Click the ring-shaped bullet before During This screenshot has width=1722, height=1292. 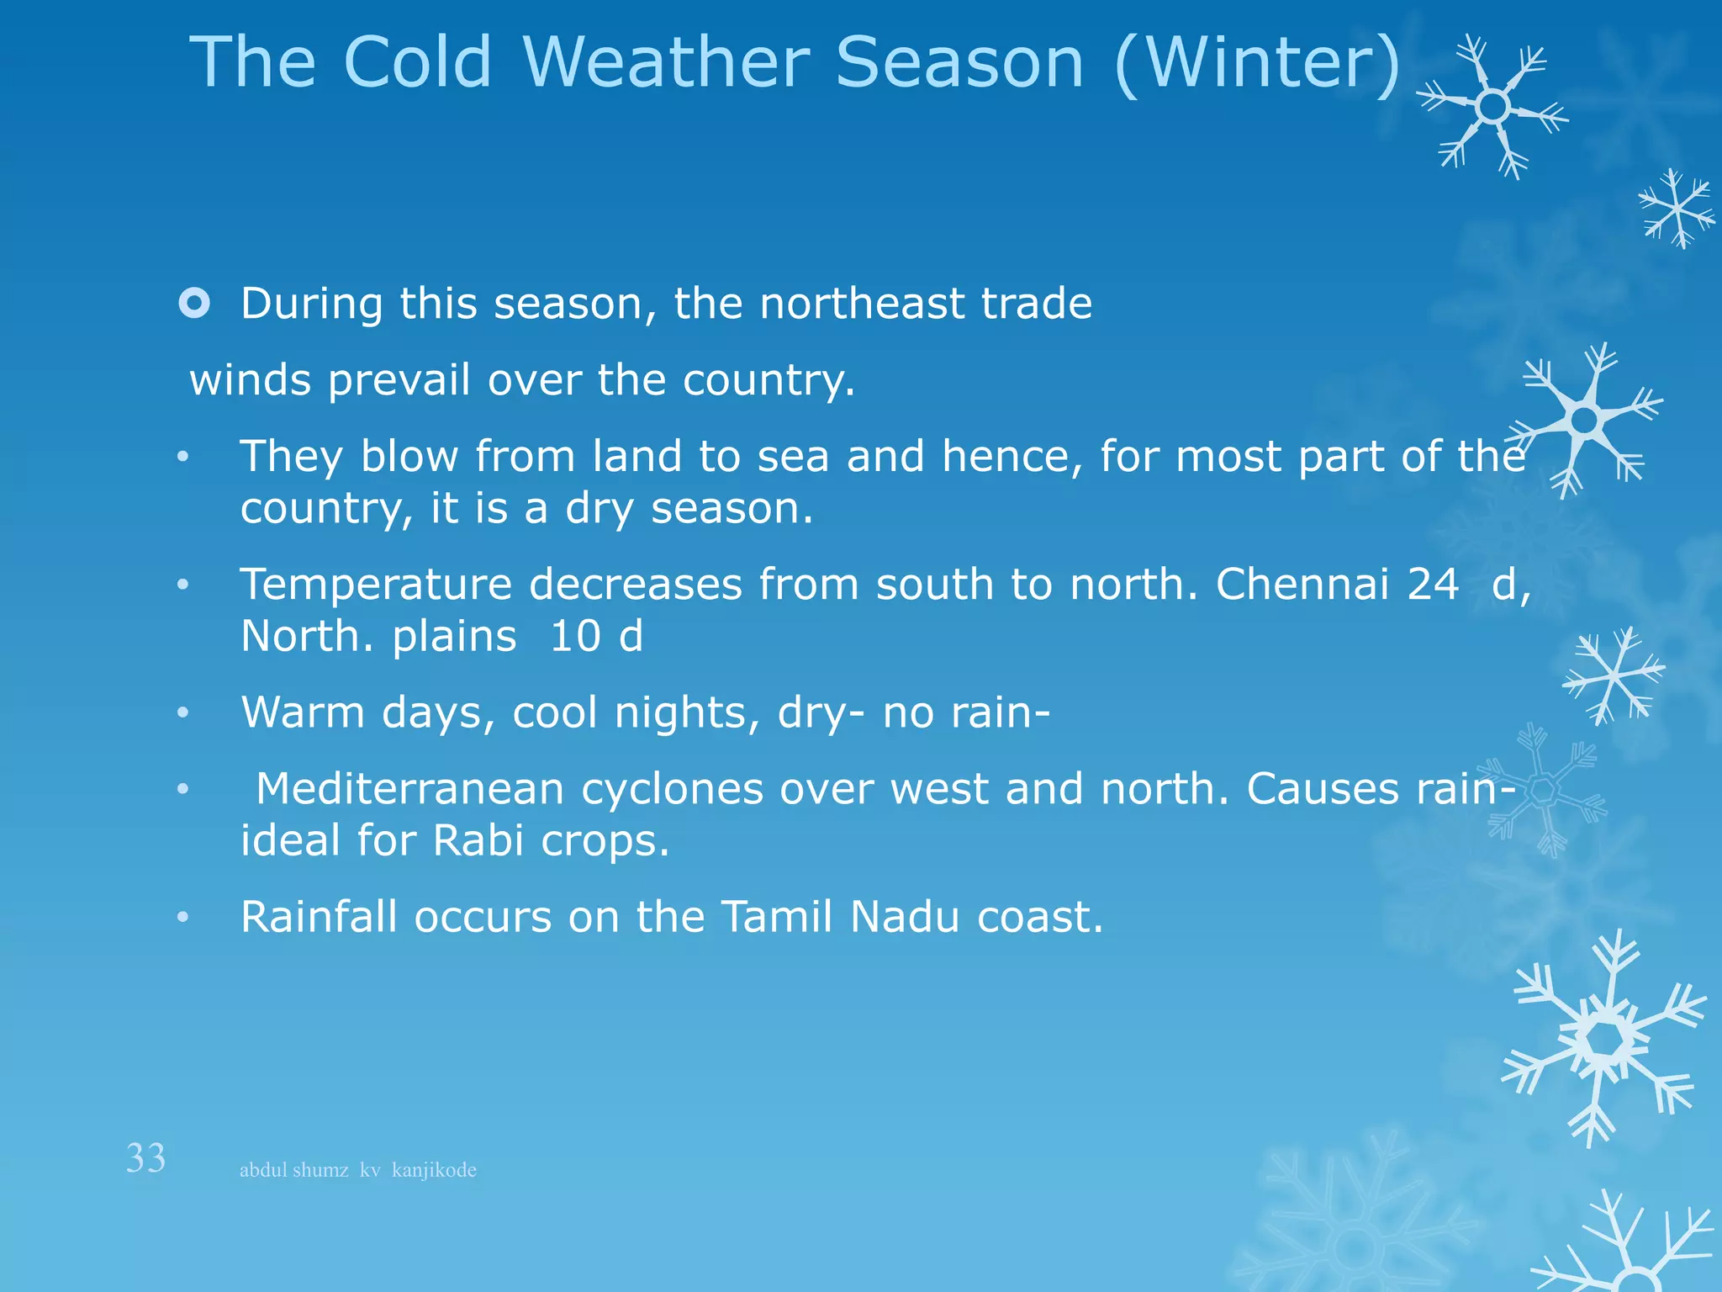[194, 303]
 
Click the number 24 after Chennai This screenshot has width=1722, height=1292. [1433, 584]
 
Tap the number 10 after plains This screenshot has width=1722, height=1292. [576, 636]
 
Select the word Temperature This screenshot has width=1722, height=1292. [376, 585]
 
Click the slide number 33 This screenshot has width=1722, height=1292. [145, 1158]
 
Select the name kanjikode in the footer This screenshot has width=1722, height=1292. [434, 1170]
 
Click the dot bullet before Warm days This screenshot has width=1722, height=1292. [183, 713]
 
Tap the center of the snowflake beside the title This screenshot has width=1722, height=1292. [1492, 107]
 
